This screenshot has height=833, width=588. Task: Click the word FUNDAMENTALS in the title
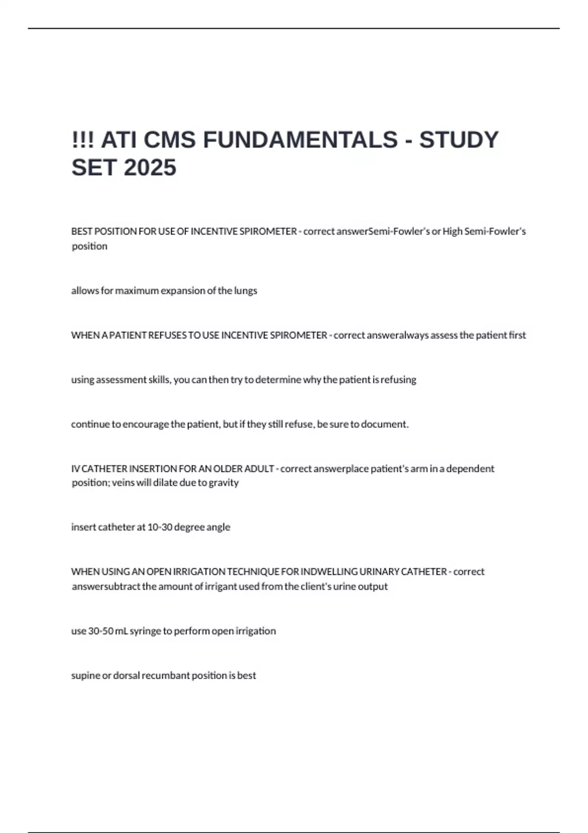click(x=300, y=140)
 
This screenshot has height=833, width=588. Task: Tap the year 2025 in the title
click(x=150, y=168)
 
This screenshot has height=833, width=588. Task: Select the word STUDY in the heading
click(x=459, y=140)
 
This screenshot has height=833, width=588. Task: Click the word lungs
click(x=245, y=291)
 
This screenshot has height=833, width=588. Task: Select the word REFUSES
click(x=167, y=335)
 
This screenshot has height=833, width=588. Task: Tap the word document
click(x=385, y=424)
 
